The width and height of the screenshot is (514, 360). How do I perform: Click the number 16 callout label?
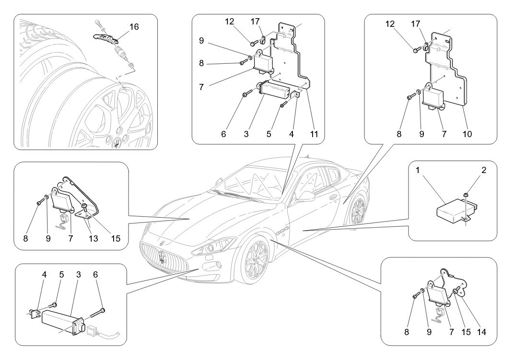pyautogui.click(x=134, y=27)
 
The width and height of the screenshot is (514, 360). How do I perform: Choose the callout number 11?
pyautogui.click(x=315, y=135)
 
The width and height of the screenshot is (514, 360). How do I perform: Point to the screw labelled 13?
pyautogui.click(x=84, y=207)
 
